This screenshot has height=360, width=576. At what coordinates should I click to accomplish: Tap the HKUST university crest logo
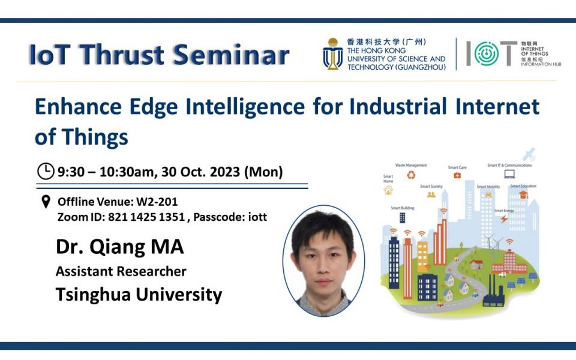click(332, 54)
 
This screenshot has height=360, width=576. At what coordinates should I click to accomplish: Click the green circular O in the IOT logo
click(486, 54)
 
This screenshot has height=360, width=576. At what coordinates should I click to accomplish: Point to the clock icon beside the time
click(46, 172)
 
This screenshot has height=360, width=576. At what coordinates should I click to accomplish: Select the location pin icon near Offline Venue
click(46, 202)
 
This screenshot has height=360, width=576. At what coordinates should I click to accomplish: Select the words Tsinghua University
click(139, 295)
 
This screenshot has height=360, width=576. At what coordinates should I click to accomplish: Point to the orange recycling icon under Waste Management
click(411, 175)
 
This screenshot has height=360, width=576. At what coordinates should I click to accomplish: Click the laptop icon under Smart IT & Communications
click(509, 175)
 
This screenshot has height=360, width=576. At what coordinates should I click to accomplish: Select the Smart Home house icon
click(388, 190)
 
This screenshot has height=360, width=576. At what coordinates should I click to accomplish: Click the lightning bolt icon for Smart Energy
click(503, 220)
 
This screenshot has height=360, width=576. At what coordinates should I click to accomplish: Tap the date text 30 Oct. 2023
click(205, 172)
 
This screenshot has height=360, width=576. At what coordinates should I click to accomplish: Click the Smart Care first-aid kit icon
click(457, 175)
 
